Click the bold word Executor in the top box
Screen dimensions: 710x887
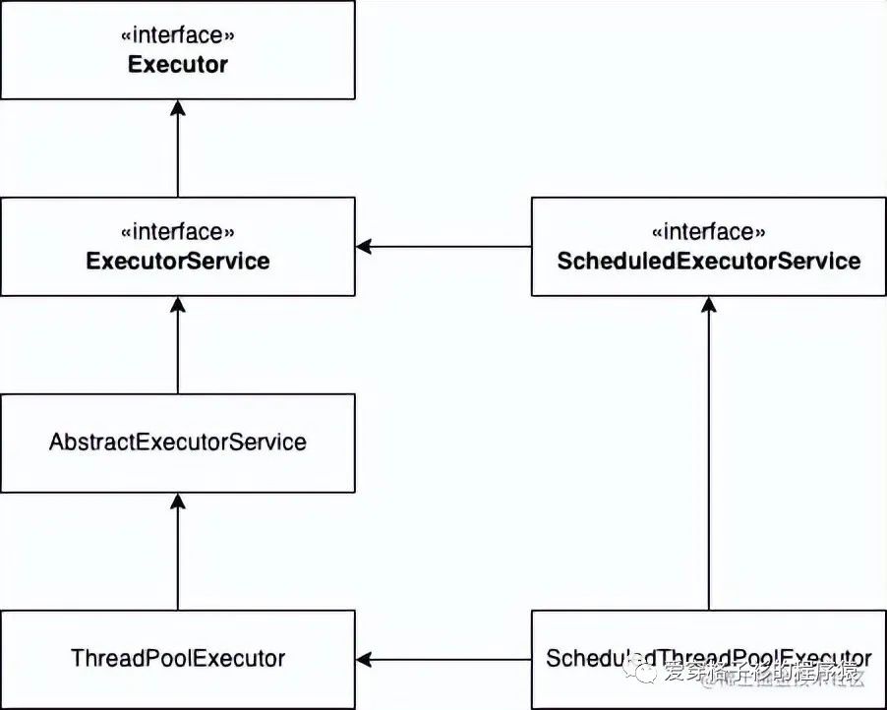tap(178, 65)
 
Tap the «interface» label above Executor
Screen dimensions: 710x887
tap(178, 36)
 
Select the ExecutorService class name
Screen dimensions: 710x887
tap(178, 262)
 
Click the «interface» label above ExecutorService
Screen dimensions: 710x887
tap(178, 233)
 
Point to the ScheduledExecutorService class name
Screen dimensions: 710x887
tap(708, 262)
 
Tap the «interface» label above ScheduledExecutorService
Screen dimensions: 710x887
tap(708, 233)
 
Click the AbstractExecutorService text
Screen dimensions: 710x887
tap(178, 443)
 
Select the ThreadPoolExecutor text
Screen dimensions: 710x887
tap(178, 658)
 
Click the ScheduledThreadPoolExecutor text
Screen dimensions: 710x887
tap(708, 658)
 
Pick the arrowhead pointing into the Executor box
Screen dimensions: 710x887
tap(178, 107)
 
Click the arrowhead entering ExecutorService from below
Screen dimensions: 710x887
tap(178, 305)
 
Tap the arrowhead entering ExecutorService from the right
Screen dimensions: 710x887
tap(364, 247)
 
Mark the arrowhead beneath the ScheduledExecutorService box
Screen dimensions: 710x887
tap(708, 305)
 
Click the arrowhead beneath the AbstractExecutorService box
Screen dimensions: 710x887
tap(178, 502)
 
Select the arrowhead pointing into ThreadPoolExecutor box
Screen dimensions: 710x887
tap(364, 659)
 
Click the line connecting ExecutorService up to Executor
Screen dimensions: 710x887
tap(178, 157)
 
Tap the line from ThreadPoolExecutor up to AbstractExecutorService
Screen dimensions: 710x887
tap(178, 561)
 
